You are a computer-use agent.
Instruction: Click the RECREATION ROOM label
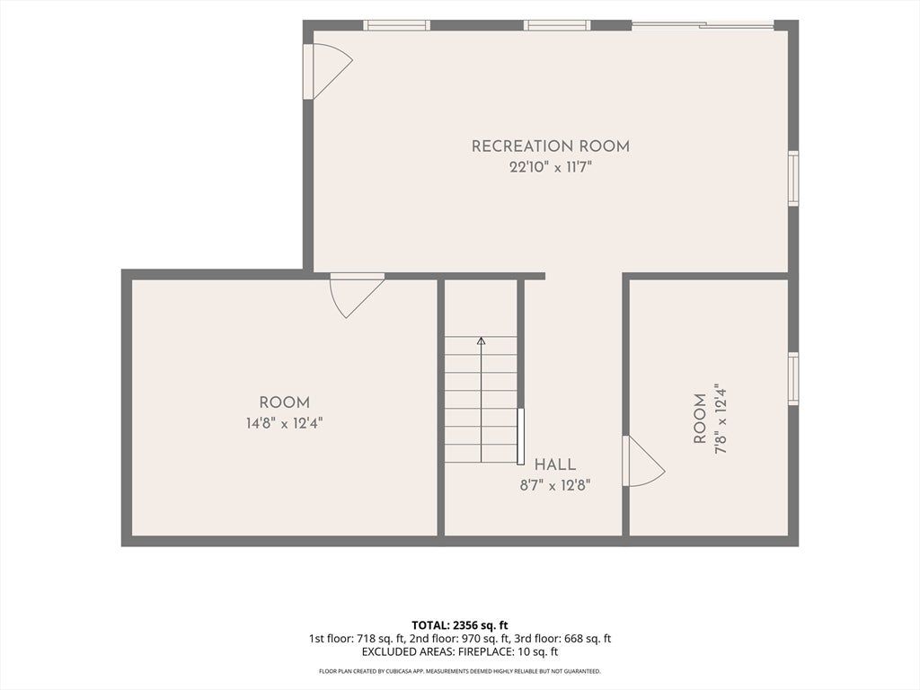551,146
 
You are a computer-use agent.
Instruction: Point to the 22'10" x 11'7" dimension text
551,167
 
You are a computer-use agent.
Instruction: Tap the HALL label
554,464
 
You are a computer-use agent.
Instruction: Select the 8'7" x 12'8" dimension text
554,485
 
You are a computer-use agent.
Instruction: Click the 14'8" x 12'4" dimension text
284,423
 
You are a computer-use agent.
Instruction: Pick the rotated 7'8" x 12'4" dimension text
721,419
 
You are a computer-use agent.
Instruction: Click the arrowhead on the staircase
482,341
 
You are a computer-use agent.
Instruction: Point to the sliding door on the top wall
703,24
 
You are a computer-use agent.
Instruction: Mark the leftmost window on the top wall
396,25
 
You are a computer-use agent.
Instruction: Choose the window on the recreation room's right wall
793,179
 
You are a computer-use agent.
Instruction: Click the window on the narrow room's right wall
793,378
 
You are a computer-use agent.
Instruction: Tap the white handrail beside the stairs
520,437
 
